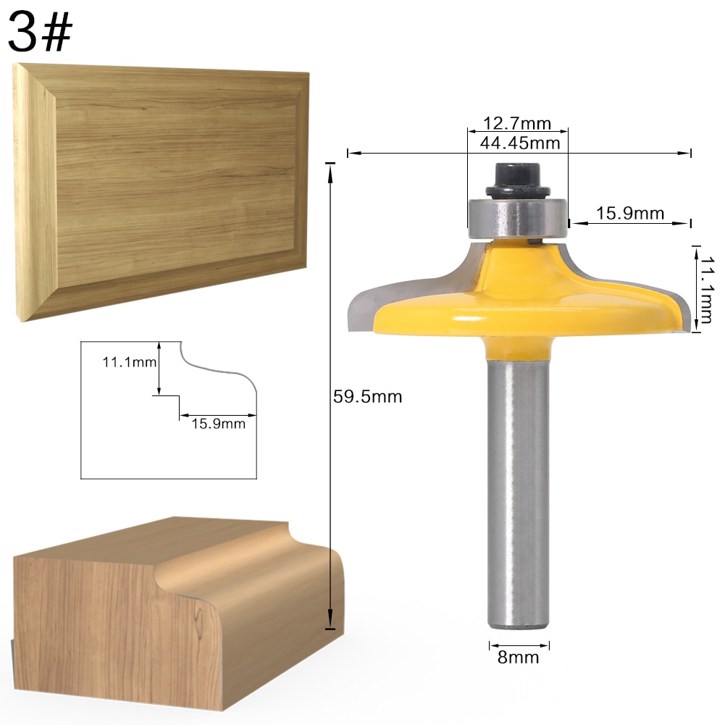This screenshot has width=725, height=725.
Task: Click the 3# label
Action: [41, 33]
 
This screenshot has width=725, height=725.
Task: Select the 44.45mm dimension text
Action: [520, 143]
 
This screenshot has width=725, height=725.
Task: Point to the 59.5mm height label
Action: [366, 396]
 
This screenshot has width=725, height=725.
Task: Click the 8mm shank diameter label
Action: [518, 658]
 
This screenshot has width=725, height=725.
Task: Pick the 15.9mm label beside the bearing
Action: [629, 213]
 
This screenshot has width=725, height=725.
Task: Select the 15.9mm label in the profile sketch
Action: [218, 424]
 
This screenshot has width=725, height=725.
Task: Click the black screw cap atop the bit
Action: [516, 180]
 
